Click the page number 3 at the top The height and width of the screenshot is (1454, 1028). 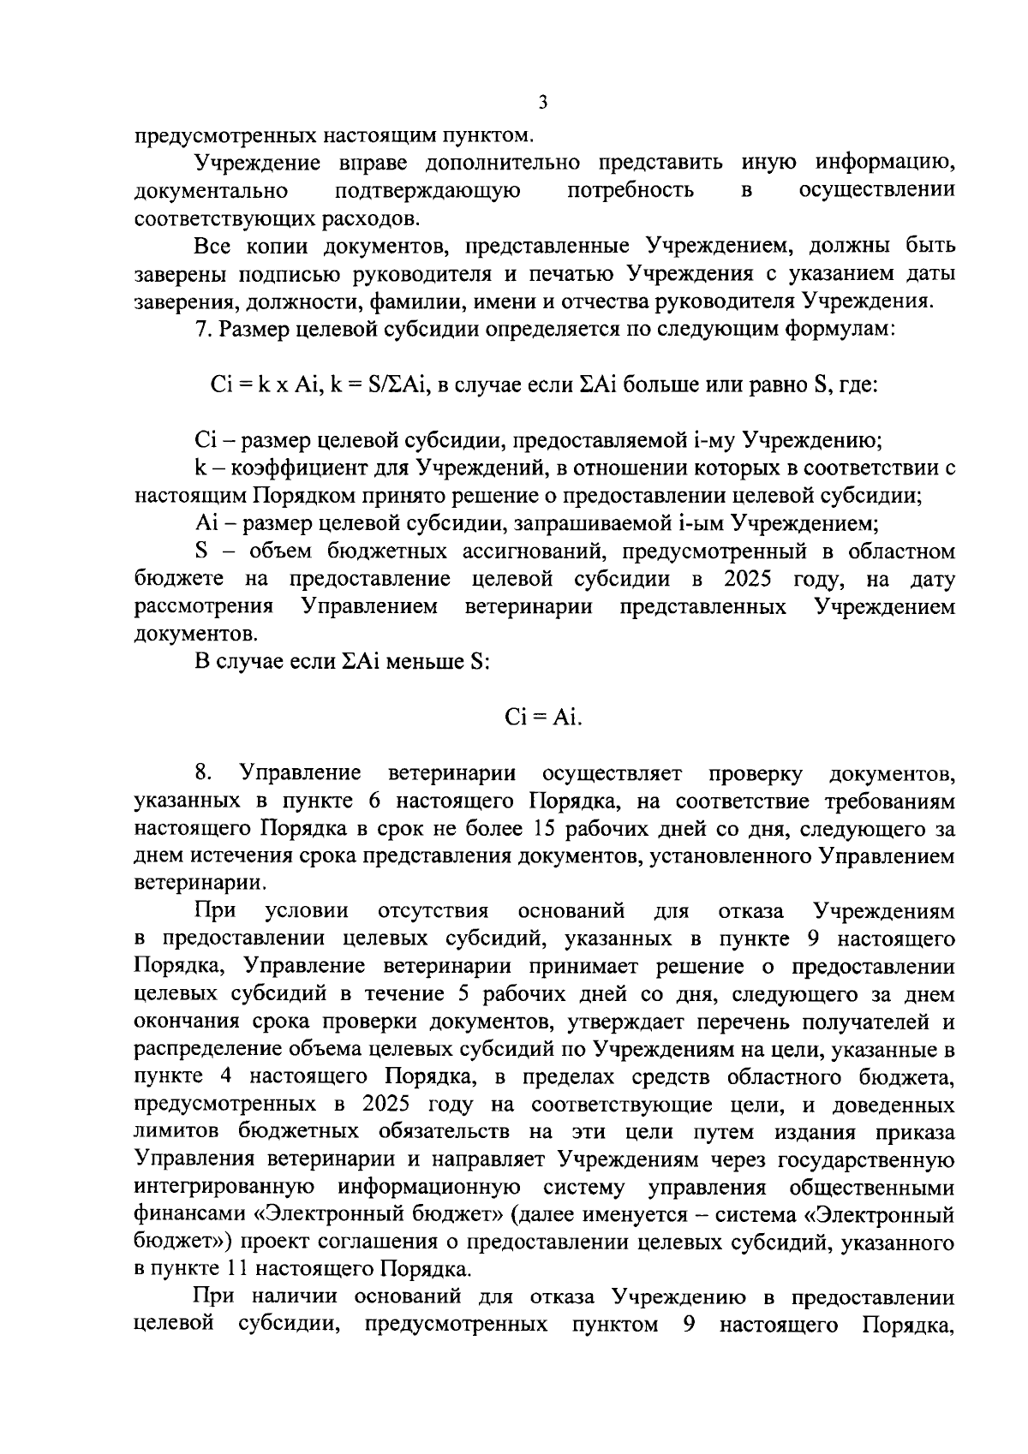(x=542, y=104)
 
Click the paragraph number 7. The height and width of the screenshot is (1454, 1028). (x=200, y=330)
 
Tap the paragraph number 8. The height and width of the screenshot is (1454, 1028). (x=202, y=773)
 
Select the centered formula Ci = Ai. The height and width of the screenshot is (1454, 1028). (x=543, y=718)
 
